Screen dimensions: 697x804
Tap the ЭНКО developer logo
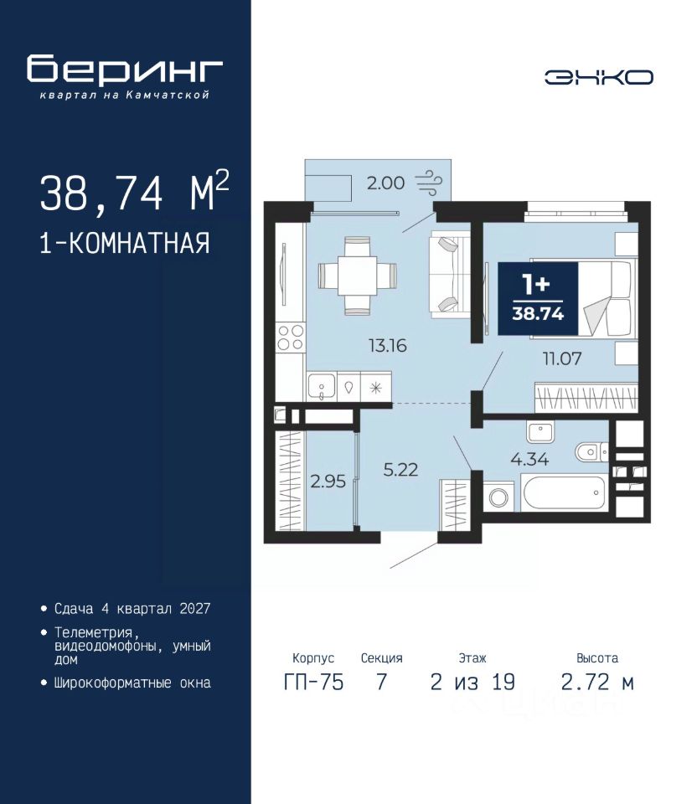(598, 77)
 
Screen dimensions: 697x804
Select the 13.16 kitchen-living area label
(388, 346)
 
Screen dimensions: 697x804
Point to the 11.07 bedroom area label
(562, 358)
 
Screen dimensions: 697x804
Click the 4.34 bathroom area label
(529, 459)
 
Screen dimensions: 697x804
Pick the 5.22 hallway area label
(400, 470)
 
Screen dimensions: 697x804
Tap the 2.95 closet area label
(328, 482)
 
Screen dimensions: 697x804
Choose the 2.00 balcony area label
(385, 183)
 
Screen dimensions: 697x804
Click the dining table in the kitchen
(358, 276)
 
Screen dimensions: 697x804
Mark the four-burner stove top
(291, 338)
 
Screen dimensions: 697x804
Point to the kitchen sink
(322, 386)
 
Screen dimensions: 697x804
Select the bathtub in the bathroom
(564, 492)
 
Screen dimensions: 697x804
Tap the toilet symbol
(591, 451)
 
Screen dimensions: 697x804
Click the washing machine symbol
(498, 497)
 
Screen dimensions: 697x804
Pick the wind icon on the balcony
(428, 183)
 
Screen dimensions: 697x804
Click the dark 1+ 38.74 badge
(538, 298)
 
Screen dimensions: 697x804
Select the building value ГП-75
(313, 683)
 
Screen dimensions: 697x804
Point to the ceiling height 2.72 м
(597, 683)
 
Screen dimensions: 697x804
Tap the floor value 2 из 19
(472, 683)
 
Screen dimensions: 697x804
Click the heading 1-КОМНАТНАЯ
(125, 243)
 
